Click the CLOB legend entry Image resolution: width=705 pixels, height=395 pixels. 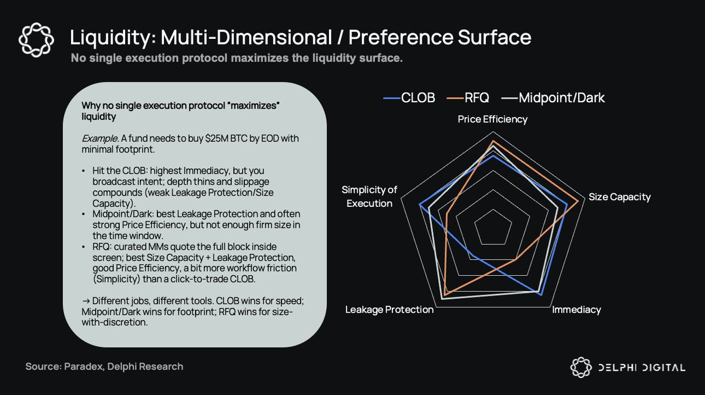tap(409, 98)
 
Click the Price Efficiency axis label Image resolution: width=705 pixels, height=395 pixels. tap(492, 119)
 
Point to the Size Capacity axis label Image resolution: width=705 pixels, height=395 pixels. tap(619, 197)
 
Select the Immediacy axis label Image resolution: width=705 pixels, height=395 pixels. tap(576, 310)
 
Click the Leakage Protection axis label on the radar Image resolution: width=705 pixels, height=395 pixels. tap(390, 310)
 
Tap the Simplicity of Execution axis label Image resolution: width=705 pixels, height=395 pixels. tap(369, 196)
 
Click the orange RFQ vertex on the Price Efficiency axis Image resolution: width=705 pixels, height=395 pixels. tap(493, 142)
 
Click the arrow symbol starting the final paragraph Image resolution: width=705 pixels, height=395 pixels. tap(85, 301)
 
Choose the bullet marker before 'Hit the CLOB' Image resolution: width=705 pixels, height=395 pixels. tap(86, 170)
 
